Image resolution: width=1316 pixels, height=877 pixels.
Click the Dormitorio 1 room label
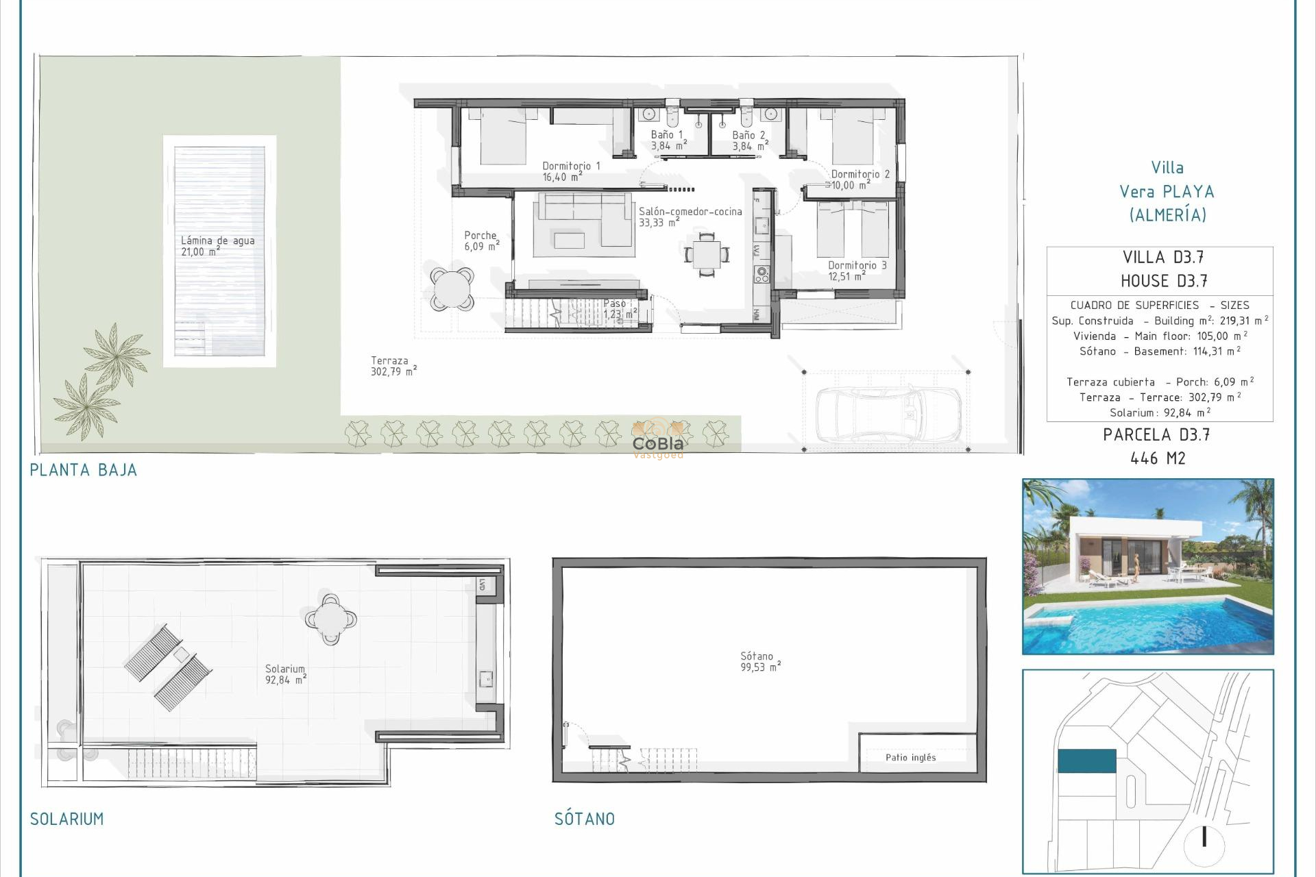[570, 171]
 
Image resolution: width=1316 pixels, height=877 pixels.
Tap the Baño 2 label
[749, 140]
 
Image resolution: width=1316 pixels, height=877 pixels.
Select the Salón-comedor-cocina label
[690, 217]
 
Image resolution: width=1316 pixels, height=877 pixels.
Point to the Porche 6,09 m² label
[481, 240]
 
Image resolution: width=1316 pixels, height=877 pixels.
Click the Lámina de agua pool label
[217, 246]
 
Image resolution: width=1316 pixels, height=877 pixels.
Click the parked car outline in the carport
[888, 413]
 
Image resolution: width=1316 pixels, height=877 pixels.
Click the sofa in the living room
[583, 218]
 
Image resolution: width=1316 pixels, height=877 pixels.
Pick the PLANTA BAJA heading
[84, 470]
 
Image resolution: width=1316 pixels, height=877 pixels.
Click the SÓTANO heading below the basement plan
[584, 819]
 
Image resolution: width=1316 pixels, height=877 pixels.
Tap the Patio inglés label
[910, 757]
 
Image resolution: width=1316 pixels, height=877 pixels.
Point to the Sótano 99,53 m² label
[759, 661]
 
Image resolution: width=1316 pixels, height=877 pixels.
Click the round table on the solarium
[331, 619]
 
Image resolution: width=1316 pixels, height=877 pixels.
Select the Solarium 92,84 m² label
[285, 674]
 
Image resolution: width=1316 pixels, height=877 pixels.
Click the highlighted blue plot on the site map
[1086, 761]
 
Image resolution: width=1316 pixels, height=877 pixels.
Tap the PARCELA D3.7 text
[1156, 434]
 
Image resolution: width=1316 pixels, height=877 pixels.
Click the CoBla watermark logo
[658, 443]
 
